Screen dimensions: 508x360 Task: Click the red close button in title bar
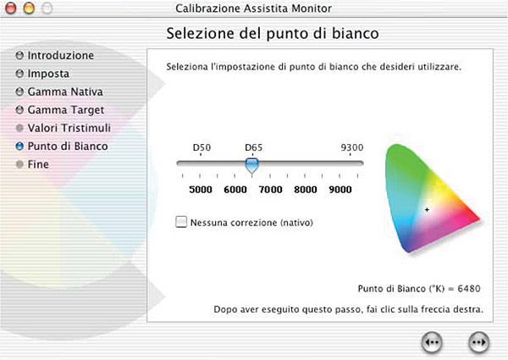[x=11, y=8]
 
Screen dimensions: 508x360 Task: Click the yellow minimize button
[x=29, y=8]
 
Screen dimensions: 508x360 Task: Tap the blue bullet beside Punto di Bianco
[x=19, y=147]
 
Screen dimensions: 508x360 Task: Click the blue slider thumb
[x=251, y=166]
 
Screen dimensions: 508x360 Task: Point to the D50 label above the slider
[x=202, y=147]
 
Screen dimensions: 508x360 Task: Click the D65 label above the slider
[x=254, y=147]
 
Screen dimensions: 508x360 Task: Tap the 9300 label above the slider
[x=352, y=147]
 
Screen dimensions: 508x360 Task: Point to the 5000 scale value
[x=201, y=189]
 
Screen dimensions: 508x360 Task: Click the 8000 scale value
[x=306, y=189]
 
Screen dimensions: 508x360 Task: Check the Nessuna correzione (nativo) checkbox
[x=181, y=222]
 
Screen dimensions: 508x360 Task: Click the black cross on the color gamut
[x=427, y=210]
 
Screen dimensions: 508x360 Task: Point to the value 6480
[x=469, y=288]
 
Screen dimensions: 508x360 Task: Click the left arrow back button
[x=432, y=342]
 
